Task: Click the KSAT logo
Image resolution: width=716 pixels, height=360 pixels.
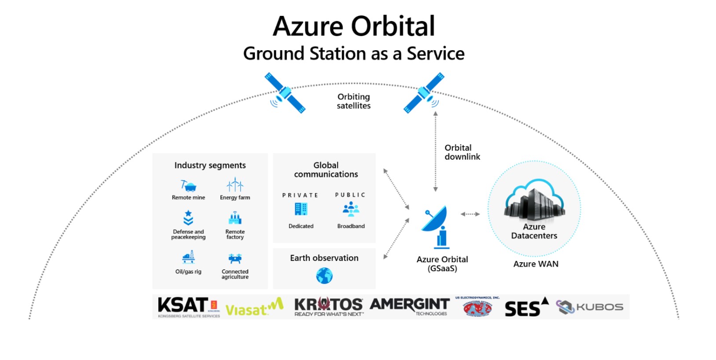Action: (188, 306)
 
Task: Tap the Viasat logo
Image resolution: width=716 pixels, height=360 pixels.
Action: (254, 308)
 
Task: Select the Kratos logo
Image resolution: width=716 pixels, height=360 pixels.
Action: (328, 306)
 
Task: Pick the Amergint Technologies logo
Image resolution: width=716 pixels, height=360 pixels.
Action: (409, 306)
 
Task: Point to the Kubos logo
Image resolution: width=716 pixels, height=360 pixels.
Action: (590, 307)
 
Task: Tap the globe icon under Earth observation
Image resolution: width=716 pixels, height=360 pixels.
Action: (324, 276)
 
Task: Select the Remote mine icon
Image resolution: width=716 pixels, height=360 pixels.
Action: (188, 186)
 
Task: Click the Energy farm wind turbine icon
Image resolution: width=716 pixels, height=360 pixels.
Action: (235, 185)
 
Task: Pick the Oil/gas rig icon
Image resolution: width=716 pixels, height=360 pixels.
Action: (188, 257)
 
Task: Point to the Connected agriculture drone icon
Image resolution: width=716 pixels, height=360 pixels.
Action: (235, 258)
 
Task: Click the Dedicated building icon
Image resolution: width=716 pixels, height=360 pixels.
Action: (301, 209)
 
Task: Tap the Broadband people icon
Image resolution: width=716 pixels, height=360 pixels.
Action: (351, 209)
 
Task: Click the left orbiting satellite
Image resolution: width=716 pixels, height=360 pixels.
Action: (285, 93)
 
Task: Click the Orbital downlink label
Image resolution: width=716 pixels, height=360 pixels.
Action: (462, 152)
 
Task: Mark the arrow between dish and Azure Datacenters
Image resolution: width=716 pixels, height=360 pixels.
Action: (470, 214)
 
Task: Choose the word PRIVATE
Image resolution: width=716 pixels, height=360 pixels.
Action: (300, 195)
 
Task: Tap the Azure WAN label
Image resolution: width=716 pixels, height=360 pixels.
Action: (536, 264)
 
